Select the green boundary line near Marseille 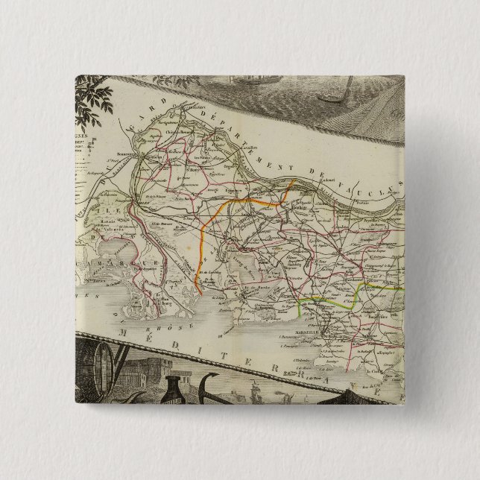(328, 298)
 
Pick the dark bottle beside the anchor (176, 388)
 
